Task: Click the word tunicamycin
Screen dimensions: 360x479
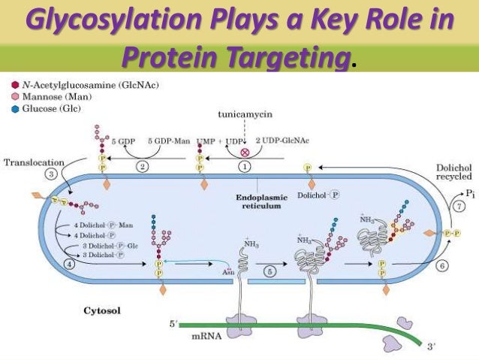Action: (x=241, y=115)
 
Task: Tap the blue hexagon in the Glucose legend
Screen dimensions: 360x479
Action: (x=15, y=108)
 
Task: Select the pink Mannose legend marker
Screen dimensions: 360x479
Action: (x=15, y=97)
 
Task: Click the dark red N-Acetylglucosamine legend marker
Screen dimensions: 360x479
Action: (x=15, y=86)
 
